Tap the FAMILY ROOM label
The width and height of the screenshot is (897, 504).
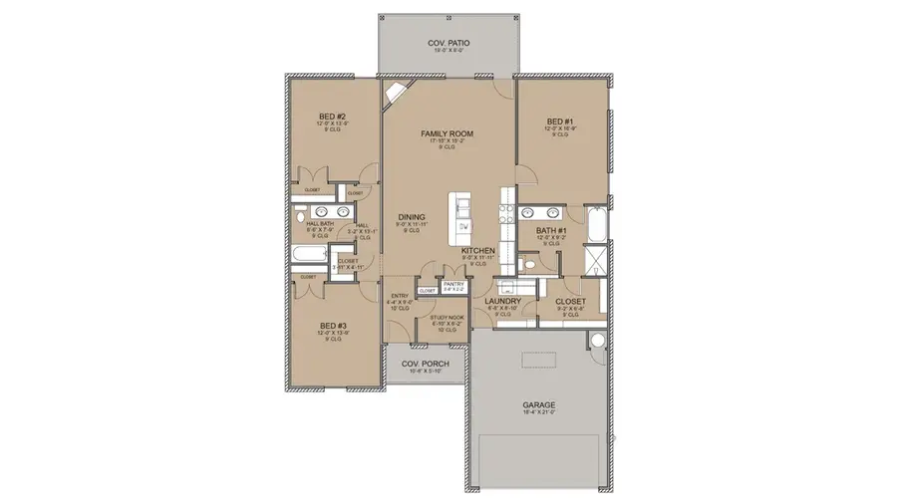446,132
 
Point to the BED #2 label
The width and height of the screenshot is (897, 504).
332,118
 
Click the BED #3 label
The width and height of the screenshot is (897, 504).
333,325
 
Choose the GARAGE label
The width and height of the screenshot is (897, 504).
539,405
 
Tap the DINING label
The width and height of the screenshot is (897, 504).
412,216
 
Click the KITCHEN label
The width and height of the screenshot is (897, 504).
478,250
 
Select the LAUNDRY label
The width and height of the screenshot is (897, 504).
502,300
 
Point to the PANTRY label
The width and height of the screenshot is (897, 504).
454,284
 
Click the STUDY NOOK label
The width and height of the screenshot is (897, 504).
446,317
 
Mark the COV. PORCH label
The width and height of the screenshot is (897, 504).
426,364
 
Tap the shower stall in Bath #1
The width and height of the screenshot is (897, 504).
595,261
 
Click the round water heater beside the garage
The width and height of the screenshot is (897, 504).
597,342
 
